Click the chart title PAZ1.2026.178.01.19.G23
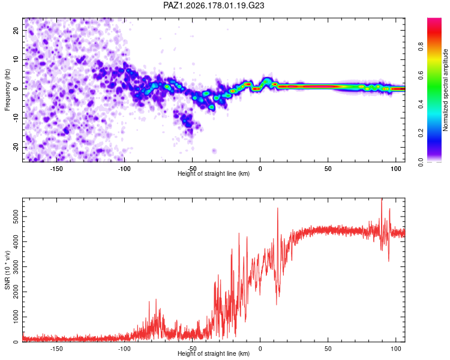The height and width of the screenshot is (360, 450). (x=214, y=5)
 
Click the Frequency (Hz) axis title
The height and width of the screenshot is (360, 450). (x=7, y=90)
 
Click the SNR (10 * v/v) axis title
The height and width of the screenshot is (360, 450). (x=7, y=270)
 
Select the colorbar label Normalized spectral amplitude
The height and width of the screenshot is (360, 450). (x=445, y=90)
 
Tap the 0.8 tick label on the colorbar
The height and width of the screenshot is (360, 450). (x=421, y=47)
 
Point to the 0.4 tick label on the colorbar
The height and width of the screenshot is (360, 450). (x=421, y=104)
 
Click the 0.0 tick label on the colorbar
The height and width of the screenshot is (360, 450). (x=421, y=162)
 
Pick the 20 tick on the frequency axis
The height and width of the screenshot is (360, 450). (x=16, y=30)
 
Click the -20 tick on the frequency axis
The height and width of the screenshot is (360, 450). (x=16, y=148)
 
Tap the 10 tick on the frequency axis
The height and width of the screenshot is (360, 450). (x=16, y=59)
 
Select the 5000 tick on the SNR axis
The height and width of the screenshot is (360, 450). (x=16, y=217)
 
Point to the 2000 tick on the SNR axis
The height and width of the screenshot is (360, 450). (x=16, y=292)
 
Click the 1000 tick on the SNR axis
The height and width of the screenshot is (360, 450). (x=16, y=317)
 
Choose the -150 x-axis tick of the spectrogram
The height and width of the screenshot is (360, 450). (x=56, y=169)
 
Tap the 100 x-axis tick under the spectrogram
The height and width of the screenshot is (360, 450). (x=396, y=169)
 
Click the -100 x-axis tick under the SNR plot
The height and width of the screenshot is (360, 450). (x=124, y=349)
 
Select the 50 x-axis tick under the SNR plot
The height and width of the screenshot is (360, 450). (x=328, y=349)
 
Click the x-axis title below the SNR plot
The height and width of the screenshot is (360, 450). (x=214, y=353)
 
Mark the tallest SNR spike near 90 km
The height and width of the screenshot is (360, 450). (x=382, y=199)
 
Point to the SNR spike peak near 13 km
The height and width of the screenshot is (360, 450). (x=278, y=208)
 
